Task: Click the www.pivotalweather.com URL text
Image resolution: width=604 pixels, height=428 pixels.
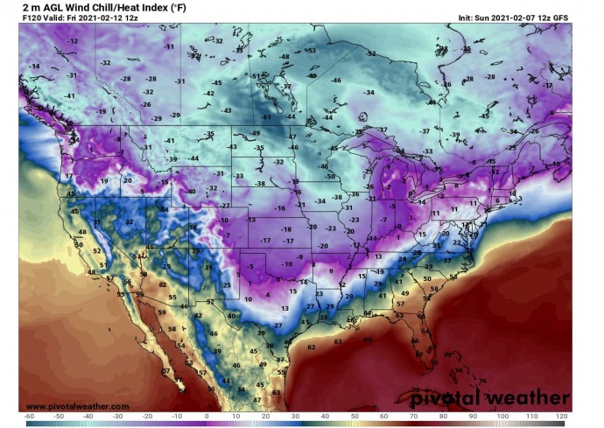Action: (78, 406)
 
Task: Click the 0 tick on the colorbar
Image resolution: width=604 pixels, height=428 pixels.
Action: (207, 417)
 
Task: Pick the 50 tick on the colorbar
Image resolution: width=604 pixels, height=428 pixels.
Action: (355, 417)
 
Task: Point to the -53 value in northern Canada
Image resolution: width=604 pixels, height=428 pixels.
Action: (311, 51)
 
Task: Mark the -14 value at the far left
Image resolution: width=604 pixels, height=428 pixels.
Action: (34, 67)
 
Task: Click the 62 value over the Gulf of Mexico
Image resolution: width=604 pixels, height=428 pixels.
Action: (312, 347)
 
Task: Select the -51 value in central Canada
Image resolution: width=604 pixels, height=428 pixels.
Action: (256, 77)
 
